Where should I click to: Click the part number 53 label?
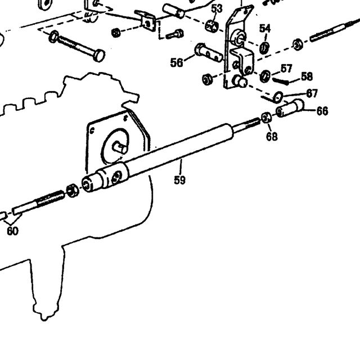(217, 9)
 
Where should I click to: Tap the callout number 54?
(265, 29)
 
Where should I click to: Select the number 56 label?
(177, 62)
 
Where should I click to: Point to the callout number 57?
(286, 69)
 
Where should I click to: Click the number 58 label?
(307, 76)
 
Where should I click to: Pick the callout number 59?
(179, 180)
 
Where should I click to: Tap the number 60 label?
(12, 231)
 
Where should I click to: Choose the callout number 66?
(322, 111)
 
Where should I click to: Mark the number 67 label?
(312, 93)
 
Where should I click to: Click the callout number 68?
(272, 136)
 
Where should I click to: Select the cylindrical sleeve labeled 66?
(290, 108)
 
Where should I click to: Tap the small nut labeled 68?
(266, 118)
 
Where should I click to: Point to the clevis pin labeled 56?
(209, 52)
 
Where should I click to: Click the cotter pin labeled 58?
(281, 81)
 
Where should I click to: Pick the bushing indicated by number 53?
(211, 26)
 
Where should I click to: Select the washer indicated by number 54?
(264, 48)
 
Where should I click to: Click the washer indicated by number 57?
(265, 76)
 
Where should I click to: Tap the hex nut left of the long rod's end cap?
(73, 191)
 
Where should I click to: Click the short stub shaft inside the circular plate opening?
(120, 147)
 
